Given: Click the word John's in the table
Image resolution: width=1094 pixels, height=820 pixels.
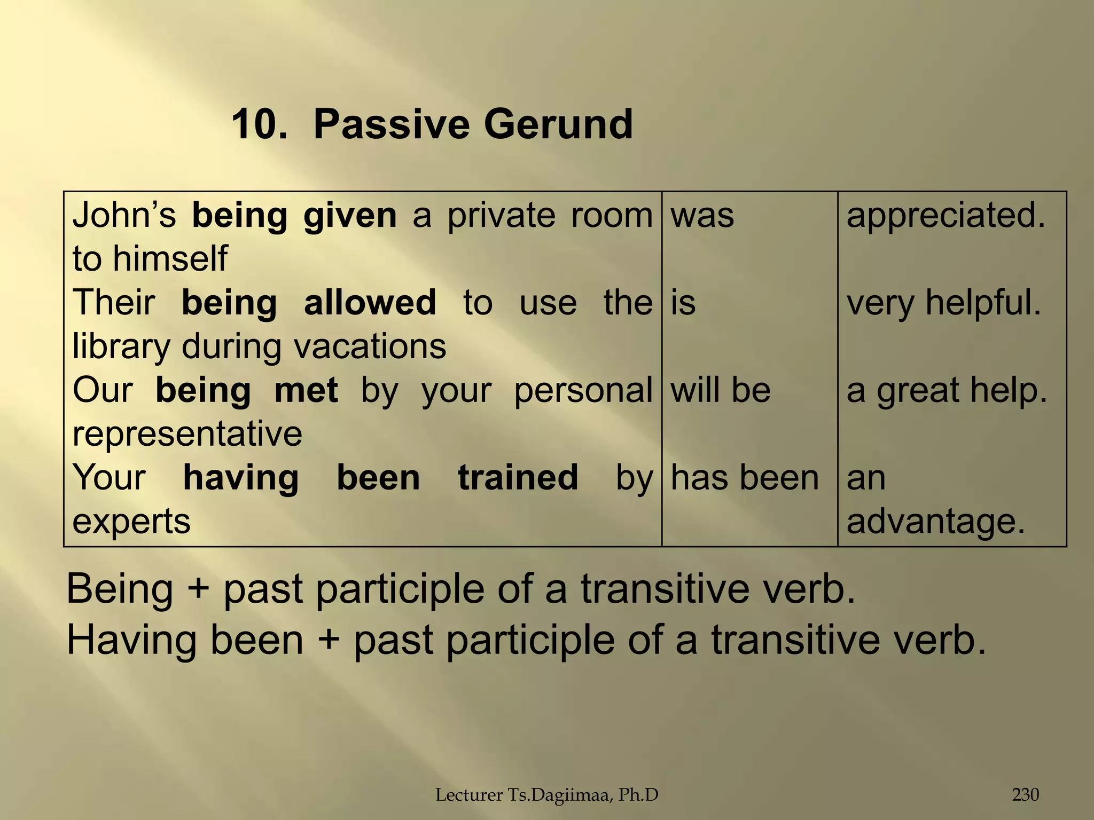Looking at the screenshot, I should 124,215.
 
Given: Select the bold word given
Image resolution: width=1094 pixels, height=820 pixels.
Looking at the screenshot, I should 350,216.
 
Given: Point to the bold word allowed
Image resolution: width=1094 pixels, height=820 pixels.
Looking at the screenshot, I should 370,303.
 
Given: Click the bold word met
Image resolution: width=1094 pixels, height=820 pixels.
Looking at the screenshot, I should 306,390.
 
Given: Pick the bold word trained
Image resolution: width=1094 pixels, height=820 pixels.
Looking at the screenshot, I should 518,477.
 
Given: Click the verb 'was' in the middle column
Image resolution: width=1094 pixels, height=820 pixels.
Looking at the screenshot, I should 702,216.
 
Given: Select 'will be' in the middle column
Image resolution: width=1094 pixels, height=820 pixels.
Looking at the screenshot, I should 720,390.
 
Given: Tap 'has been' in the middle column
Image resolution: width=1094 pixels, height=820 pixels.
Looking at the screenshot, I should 744,477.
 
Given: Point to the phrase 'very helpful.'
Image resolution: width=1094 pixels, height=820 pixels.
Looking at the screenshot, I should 943,303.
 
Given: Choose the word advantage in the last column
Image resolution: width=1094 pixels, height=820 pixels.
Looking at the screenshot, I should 935,521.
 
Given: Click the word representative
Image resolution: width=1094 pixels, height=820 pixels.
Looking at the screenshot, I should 187,433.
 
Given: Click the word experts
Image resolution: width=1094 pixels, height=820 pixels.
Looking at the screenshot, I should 131,521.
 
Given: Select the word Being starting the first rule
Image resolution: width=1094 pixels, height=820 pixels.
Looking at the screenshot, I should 120,589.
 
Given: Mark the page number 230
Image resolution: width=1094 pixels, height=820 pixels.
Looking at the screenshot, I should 1025,795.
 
